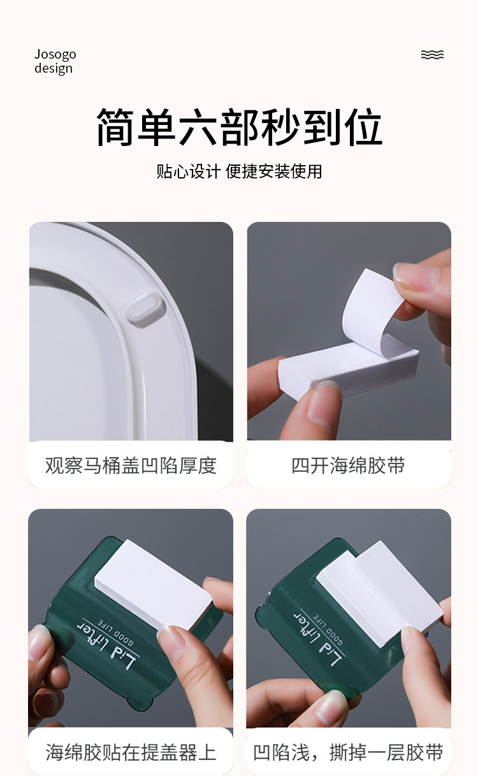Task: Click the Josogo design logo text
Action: [x=55, y=61]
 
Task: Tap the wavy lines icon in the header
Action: [x=432, y=55]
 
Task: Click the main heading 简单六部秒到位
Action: [x=239, y=128]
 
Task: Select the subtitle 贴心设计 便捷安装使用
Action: [x=239, y=172]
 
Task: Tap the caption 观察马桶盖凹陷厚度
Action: [x=131, y=465]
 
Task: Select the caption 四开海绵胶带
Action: [x=348, y=465]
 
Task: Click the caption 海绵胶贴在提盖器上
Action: [x=131, y=752]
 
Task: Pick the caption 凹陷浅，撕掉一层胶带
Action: [x=348, y=752]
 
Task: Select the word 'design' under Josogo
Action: [x=54, y=69]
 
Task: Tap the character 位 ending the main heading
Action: [x=362, y=128]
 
